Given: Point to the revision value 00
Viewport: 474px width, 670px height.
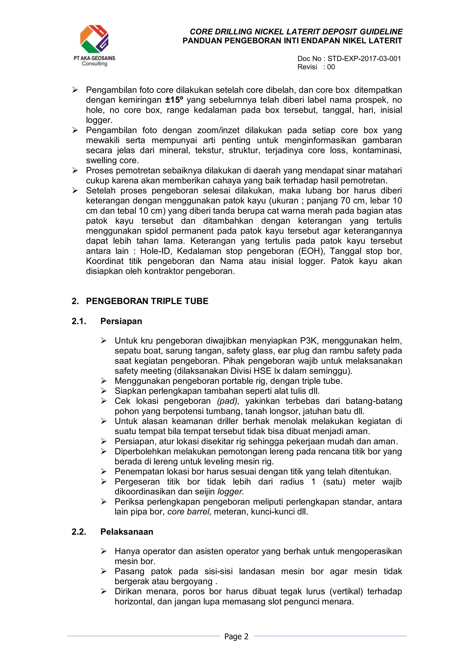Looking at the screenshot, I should pyautogui.click(x=331, y=67).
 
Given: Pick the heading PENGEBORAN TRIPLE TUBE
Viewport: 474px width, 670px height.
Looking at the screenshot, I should pyautogui.click(x=147, y=301).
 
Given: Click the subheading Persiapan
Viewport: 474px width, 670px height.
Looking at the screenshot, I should pyautogui.click(x=121, y=321).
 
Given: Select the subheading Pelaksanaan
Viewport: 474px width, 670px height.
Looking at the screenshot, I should pyautogui.click(x=127, y=532).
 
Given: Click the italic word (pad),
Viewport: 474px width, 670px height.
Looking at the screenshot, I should pyautogui.click(x=228, y=401).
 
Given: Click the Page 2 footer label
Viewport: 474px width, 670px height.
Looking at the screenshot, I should pyautogui.click(x=236, y=636).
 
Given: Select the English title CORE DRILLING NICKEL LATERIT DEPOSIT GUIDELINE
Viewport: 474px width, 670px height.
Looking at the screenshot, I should pyautogui.click(x=296, y=32).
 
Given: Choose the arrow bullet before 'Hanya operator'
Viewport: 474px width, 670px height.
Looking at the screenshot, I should pyautogui.click(x=104, y=551).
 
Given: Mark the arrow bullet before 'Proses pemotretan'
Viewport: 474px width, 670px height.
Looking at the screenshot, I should pyautogui.click(x=75, y=171).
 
